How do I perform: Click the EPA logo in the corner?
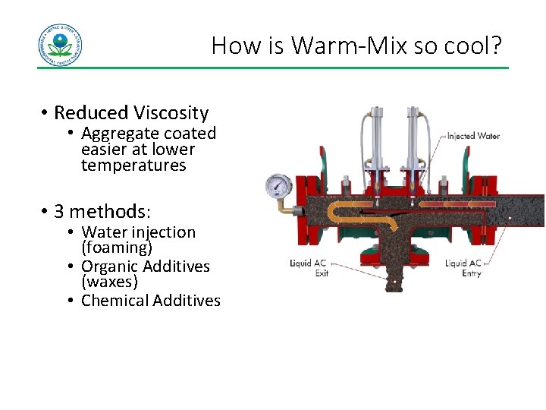[x=60, y=45]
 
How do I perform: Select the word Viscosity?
[x=171, y=113]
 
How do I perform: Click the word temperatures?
[x=133, y=166]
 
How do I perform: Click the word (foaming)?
[x=117, y=248]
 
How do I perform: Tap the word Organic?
[x=112, y=266]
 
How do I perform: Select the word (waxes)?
[x=110, y=282]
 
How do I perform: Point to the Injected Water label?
[x=473, y=137]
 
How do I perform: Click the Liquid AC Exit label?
[x=309, y=268]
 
